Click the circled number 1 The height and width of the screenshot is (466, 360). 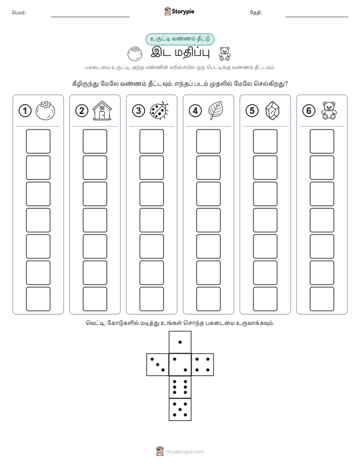tap(25, 111)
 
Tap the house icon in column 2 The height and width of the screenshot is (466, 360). tap(102, 110)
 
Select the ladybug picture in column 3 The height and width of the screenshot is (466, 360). tap(159, 111)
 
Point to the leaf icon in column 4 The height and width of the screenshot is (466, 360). tap(216, 110)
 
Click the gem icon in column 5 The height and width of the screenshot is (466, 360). tap(272, 111)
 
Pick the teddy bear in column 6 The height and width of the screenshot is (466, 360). tap(329, 110)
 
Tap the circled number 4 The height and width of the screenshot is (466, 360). tap(195, 111)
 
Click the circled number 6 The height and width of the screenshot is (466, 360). tap(309, 111)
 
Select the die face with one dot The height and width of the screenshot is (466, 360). tap(180, 342)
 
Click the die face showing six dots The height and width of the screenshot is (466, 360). tap(180, 387)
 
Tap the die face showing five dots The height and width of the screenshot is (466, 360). tap(180, 410)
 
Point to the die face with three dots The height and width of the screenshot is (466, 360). tap(158, 365)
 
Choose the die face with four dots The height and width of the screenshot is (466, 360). tap(203, 365)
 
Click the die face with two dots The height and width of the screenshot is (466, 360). tap(180, 365)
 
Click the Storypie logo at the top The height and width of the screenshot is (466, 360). tap(179, 11)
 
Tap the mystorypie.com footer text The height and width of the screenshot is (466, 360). tap(185, 452)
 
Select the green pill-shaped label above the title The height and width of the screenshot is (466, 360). tap(180, 39)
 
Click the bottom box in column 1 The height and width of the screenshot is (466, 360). tap(38, 299)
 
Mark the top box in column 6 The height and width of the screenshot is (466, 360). tap(322, 141)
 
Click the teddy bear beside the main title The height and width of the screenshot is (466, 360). tap(224, 54)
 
